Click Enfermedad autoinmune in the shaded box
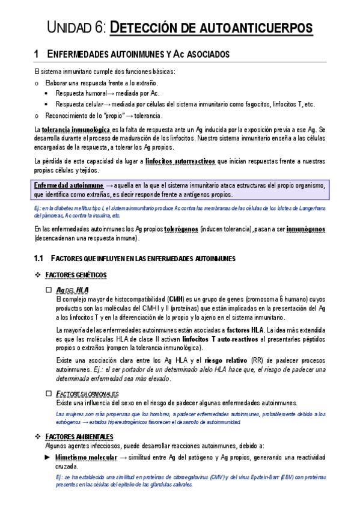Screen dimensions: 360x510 click(x=64, y=186)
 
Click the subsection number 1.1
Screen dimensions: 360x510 click(x=40, y=259)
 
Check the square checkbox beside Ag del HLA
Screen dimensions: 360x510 click(x=49, y=290)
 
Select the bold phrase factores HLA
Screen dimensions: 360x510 click(x=245, y=330)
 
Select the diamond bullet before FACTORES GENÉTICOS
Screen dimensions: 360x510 click(x=38, y=275)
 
